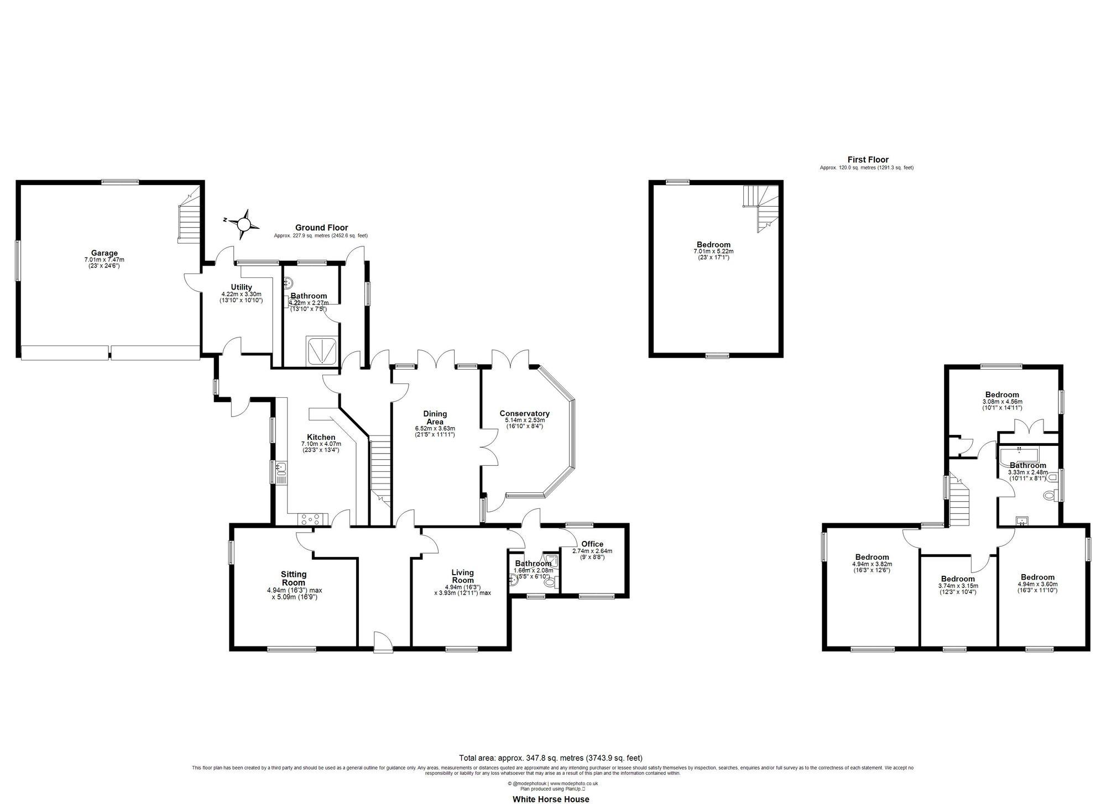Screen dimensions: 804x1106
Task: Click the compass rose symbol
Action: [x=244, y=223]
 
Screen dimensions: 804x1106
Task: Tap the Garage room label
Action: [x=105, y=254]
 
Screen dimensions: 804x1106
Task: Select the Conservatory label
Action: [x=524, y=413]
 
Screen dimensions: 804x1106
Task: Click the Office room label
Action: [x=592, y=544]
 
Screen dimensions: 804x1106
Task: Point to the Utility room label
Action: [x=242, y=287]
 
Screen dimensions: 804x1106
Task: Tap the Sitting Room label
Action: [x=294, y=579]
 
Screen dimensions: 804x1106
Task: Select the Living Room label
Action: [x=462, y=576]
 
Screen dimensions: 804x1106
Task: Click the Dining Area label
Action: [x=435, y=417]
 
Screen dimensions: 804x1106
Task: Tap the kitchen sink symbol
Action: [x=281, y=469]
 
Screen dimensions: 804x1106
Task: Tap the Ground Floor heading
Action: [x=321, y=228]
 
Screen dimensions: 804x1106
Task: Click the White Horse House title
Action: [x=551, y=799]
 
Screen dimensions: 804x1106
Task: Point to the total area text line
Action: [x=551, y=758]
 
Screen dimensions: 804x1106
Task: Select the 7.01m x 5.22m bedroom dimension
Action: [x=713, y=251]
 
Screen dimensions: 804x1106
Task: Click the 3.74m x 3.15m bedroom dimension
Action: [x=958, y=586]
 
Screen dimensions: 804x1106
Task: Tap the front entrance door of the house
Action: [x=383, y=643]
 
